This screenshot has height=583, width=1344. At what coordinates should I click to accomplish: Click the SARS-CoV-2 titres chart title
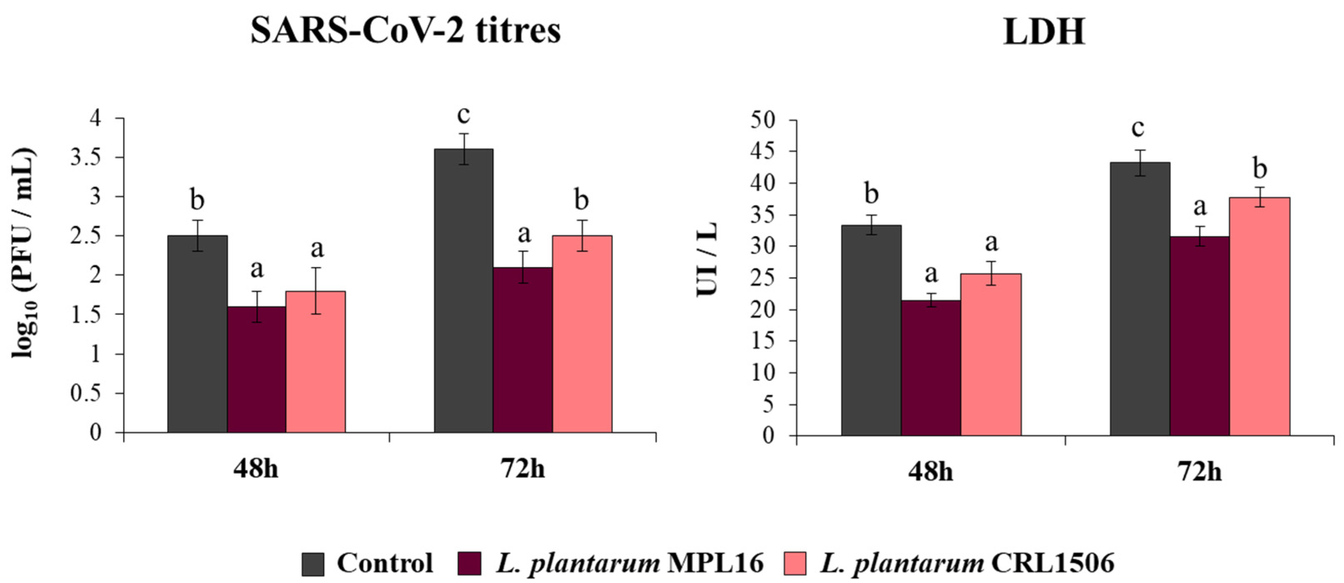[405, 31]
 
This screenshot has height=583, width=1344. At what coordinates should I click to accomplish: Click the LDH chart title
[1044, 32]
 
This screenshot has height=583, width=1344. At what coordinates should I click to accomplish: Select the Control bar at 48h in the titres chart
[197, 334]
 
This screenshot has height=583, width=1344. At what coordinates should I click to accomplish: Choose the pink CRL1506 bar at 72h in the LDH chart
[1259, 316]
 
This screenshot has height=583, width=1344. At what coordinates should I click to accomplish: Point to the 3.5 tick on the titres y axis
[86, 158]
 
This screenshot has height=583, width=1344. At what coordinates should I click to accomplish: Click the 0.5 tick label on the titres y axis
[86, 393]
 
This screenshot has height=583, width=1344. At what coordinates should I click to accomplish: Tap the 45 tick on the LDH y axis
[763, 152]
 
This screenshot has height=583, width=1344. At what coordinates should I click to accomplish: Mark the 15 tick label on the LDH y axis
[763, 341]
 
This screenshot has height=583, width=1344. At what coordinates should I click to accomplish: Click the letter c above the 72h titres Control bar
[463, 115]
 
